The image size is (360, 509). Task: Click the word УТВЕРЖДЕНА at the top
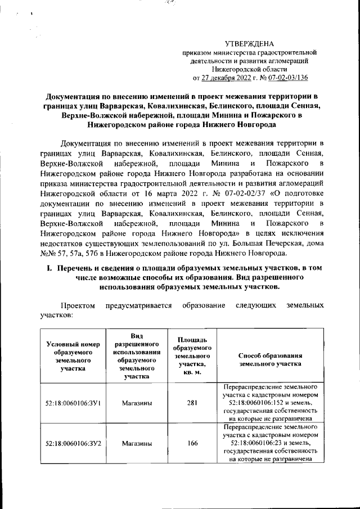tap(249, 43)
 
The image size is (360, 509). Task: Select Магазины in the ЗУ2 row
tap(137, 443)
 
